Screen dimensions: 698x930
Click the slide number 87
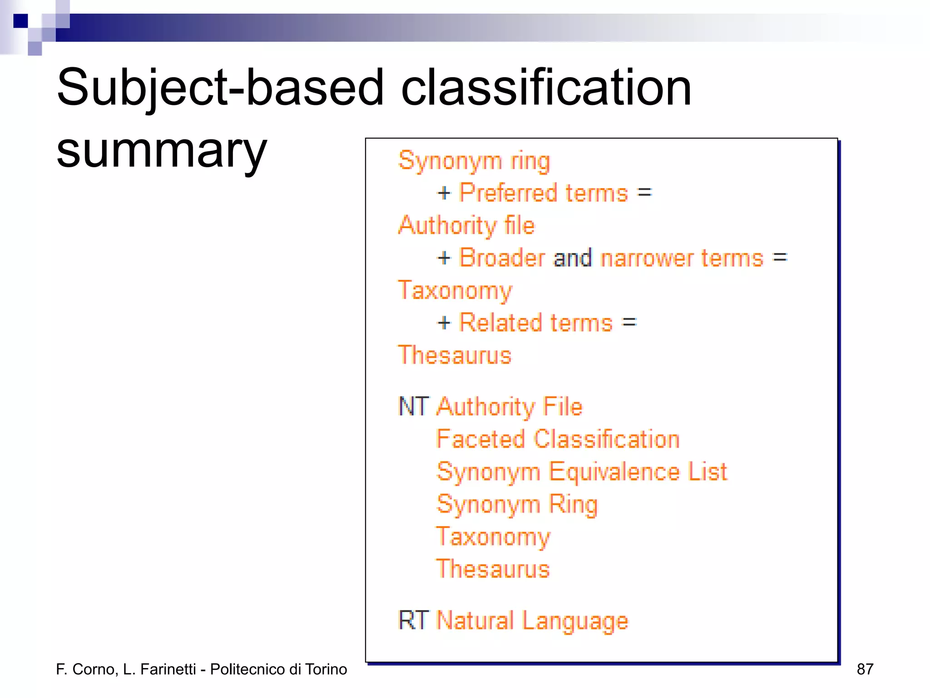pos(865,669)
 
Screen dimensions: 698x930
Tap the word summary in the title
pos(161,151)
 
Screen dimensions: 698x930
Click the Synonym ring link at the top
pos(474,161)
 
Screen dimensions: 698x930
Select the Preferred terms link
pos(544,193)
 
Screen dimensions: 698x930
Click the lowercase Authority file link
pos(466,225)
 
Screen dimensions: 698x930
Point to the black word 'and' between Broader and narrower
pos(573,258)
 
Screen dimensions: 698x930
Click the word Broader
pos(502,258)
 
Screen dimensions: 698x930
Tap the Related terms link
pos(536,323)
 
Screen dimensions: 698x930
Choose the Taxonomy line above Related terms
pos(455,291)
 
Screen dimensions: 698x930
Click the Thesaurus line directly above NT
pos(455,355)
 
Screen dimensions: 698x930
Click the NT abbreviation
pos(413,406)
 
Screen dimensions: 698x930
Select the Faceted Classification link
pos(558,439)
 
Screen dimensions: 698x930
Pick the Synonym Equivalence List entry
pos(581,472)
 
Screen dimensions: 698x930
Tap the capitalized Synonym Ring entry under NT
pos(517,504)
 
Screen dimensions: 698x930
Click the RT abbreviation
pos(413,620)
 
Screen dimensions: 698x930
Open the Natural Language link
pos(532,621)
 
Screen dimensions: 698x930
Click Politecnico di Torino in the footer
pos(278,669)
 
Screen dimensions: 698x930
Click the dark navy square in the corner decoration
pos(20,21)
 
